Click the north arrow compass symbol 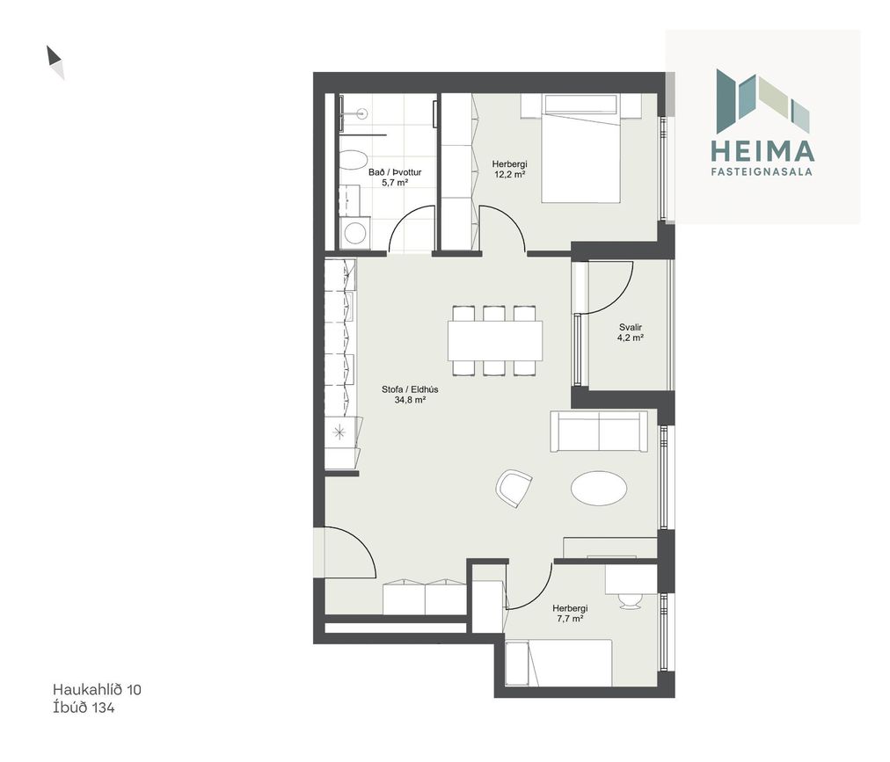pos(55,62)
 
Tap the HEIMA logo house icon pos(762,98)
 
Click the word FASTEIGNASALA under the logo pos(762,171)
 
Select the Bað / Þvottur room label pos(395,172)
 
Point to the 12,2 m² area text pos(509,175)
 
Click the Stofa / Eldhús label pos(410,390)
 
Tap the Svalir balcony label pos(631,327)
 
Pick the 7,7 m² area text pos(570,619)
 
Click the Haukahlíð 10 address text pos(97,689)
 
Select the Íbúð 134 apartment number pos(84,708)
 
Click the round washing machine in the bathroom pos(356,233)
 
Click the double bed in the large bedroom pos(580,149)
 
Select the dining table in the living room pos(495,340)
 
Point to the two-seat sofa pos(599,432)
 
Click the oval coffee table pos(600,488)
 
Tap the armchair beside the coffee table pos(514,488)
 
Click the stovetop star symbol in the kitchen pos(339,433)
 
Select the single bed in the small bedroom pos(559,663)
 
